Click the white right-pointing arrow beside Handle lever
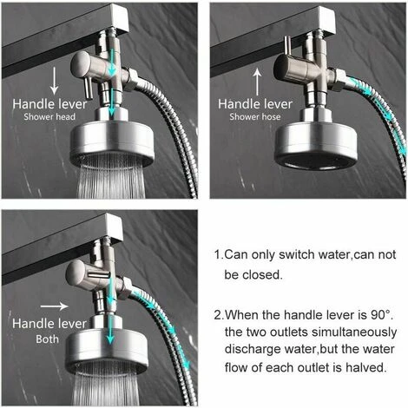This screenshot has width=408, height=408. tap(54, 305)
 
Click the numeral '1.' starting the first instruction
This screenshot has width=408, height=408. tap(218, 255)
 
